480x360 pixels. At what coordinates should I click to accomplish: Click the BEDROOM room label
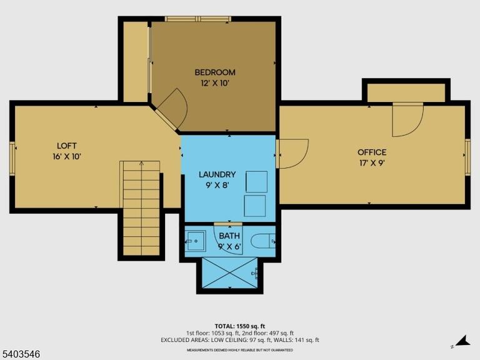point(215,72)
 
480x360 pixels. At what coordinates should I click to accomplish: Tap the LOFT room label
point(67,146)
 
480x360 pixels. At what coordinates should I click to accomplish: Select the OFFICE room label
point(372,152)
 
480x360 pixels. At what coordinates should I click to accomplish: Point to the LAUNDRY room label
point(217,174)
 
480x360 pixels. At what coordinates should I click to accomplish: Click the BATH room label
point(229,236)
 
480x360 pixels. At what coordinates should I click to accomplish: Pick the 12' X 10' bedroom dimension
point(215,83)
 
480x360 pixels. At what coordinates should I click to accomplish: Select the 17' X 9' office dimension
point(372,163)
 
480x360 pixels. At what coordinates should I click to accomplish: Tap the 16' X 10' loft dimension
point(67,156)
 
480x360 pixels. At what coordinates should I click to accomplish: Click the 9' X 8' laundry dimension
point(217,185)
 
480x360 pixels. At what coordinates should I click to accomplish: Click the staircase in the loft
point(141,208)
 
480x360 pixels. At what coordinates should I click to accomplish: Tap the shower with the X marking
point(230,272)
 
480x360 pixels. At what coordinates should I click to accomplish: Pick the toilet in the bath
point(263,241)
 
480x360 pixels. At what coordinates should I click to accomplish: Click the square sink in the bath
point(195,241)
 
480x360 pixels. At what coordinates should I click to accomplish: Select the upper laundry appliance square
point(256,182)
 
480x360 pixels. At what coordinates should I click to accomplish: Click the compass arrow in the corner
point(462,341)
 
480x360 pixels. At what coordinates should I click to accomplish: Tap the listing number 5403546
point(20,354)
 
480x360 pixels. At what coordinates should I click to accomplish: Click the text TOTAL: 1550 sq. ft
point(240,326)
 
